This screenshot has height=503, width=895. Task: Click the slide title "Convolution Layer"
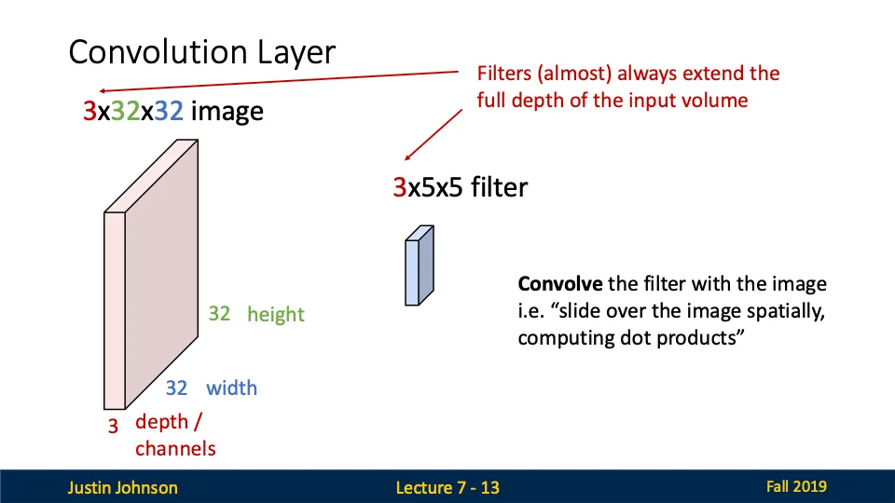coord(201,52)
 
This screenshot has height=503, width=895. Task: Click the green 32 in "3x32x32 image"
coord(118,113)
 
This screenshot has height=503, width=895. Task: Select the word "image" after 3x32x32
coord(227,113)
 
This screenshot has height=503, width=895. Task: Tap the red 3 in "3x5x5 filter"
coord(399,188)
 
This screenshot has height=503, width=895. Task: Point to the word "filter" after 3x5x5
coord(499,188)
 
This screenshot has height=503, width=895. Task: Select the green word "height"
coord(276,315)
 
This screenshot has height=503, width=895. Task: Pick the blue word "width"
coord(231,387)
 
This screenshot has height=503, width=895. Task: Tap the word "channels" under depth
coord(175,449)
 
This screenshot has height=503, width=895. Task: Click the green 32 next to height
coord(219,314)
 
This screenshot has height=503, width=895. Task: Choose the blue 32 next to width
coord(177,387)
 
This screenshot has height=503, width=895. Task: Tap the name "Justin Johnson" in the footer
coord(122,487)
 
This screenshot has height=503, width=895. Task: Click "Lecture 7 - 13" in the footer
coord(447,487)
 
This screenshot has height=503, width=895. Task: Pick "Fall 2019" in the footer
coord(796,486)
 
